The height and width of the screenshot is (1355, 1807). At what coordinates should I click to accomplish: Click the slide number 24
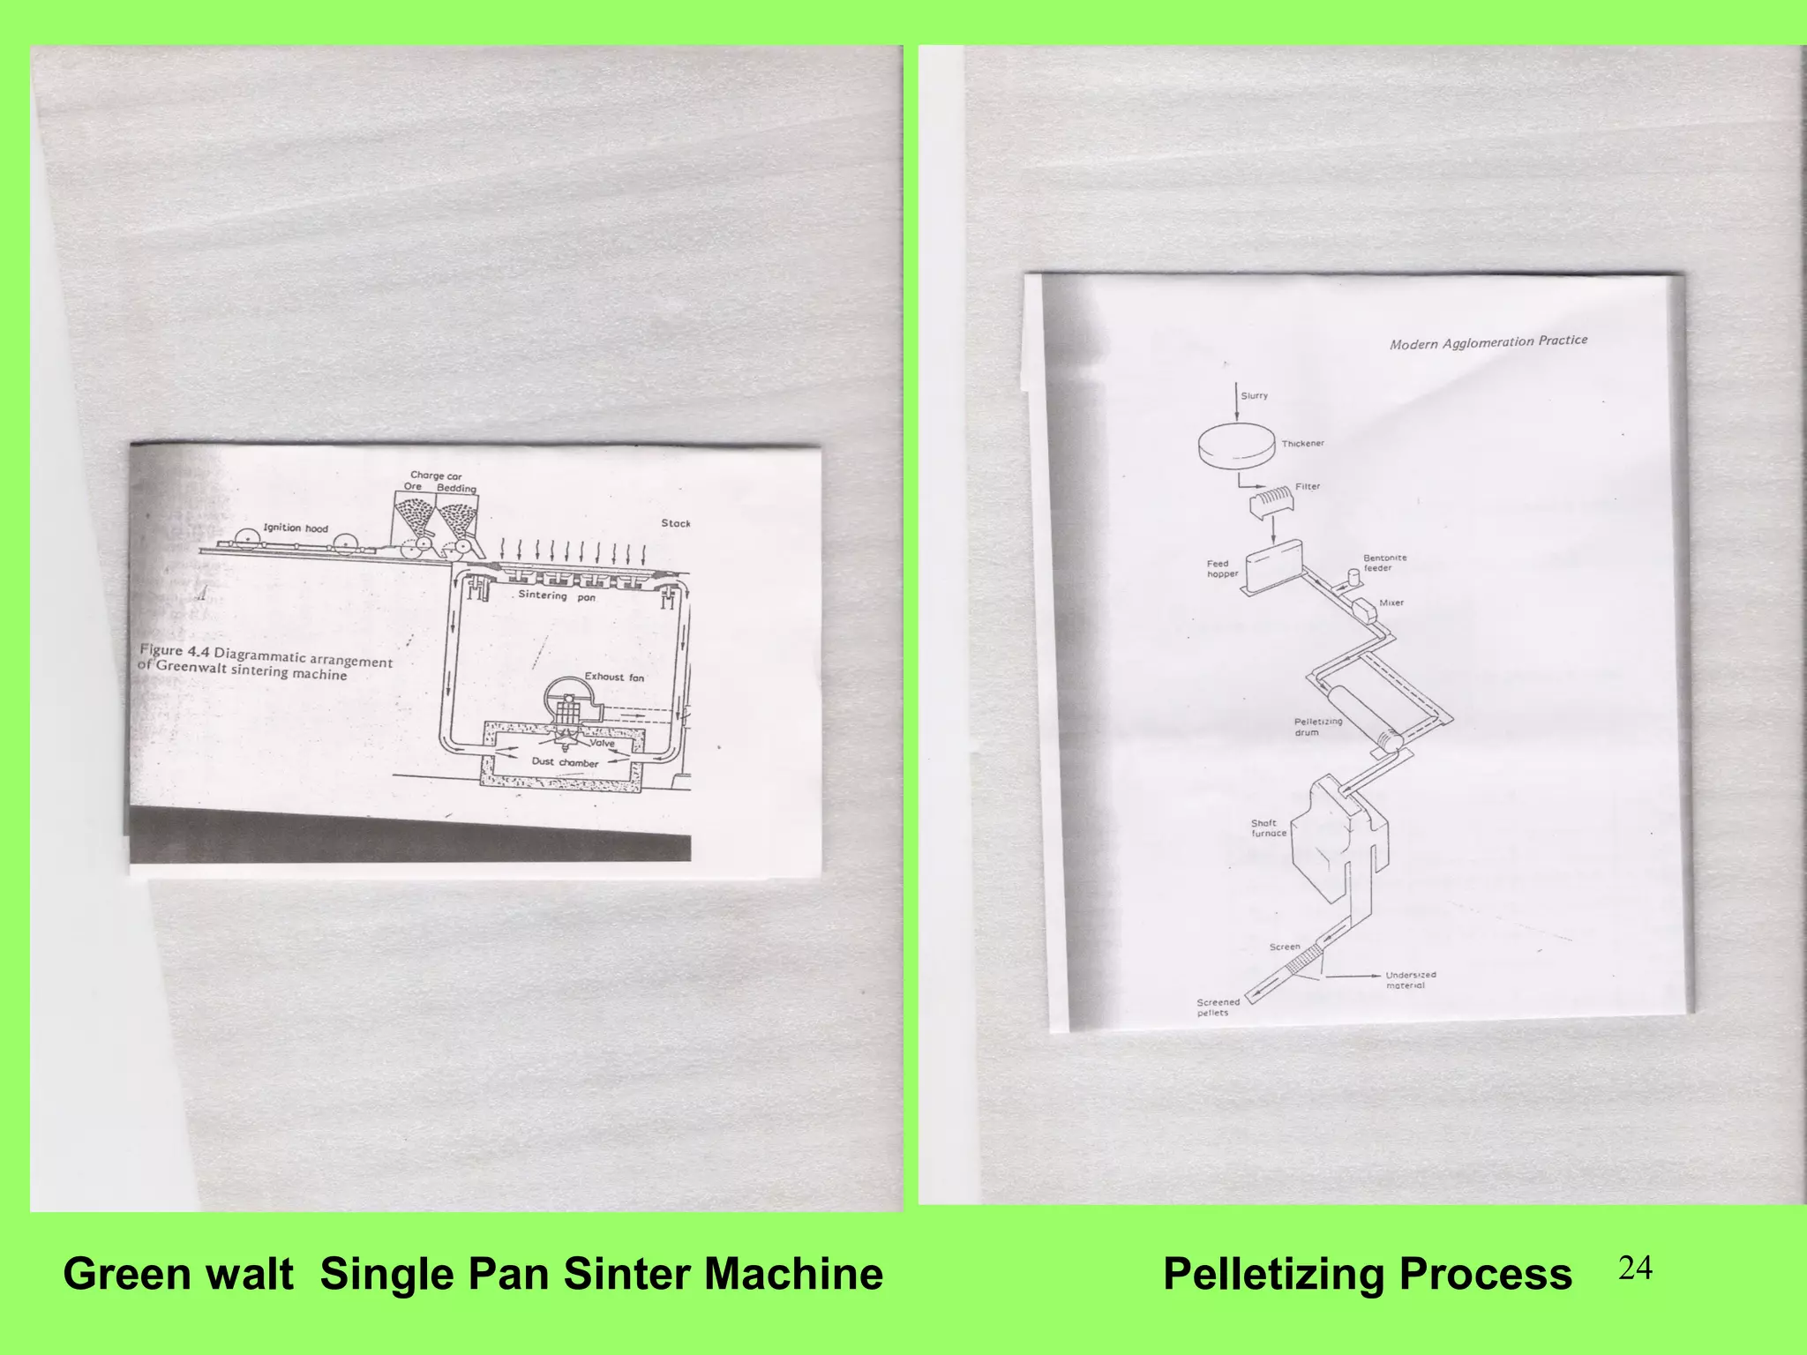1635,1269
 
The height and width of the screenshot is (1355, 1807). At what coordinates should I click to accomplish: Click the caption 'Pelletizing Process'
1367,1275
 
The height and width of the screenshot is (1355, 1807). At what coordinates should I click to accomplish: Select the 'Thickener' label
1302,444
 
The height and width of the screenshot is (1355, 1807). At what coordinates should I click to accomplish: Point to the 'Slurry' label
1254,396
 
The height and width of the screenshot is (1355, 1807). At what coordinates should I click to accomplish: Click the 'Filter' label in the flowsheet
1308,486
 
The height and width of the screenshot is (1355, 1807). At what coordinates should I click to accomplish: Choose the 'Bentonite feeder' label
1384,563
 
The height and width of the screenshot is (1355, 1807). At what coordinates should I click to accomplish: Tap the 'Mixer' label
1391,603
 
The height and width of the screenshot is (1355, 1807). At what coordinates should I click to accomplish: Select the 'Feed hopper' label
1222,569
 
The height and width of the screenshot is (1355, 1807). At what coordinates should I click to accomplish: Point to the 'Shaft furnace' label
1268,828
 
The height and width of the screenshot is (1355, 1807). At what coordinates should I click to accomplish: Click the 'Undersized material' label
1410,980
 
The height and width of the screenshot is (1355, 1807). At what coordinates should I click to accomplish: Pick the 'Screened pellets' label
1218,1007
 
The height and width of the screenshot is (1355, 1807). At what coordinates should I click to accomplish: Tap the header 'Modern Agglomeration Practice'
1488,342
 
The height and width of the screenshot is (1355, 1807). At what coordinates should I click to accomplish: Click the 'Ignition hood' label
296,528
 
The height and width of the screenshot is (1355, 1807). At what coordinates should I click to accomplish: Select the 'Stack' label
676,523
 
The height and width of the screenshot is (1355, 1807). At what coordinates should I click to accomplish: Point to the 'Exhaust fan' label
614,677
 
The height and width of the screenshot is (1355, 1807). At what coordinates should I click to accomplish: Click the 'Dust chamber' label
565,762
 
